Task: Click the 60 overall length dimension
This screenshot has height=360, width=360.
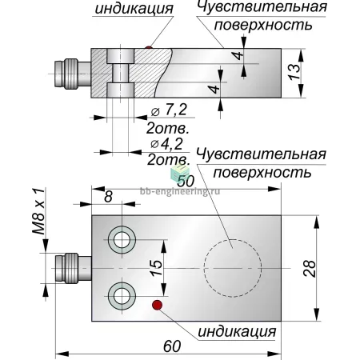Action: [x=172, y=346]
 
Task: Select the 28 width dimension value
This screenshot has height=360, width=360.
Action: [x=310, y=269]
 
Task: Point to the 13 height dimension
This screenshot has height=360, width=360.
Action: [x=294, y=71]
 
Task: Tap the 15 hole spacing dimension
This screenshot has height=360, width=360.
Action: [x=156, y=268]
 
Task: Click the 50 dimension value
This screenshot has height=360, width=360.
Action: [x=186, y=182]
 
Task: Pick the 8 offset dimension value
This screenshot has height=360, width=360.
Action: [x=108, y=197]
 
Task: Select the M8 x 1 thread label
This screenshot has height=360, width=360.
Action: [x=39, y=211]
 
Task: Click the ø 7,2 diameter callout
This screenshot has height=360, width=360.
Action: [x=169, y=110]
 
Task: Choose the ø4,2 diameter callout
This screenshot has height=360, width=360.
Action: [x=166, y=144]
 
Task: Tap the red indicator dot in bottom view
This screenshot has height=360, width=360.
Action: [x=157, y=305]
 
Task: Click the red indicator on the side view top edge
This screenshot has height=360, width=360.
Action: [x=149, y=47]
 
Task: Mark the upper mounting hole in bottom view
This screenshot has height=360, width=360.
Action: [x=122, y=240]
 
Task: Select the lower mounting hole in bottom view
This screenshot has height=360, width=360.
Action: [x=122, y=295]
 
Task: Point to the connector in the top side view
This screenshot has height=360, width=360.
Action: [x=73, y=74]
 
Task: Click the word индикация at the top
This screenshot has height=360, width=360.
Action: [x=134, y=9]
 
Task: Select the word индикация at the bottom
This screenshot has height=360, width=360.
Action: [x=237, y=332]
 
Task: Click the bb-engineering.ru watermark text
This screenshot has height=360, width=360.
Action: [x=180, y=191]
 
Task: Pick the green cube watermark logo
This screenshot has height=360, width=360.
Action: [x=179, y=172]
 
